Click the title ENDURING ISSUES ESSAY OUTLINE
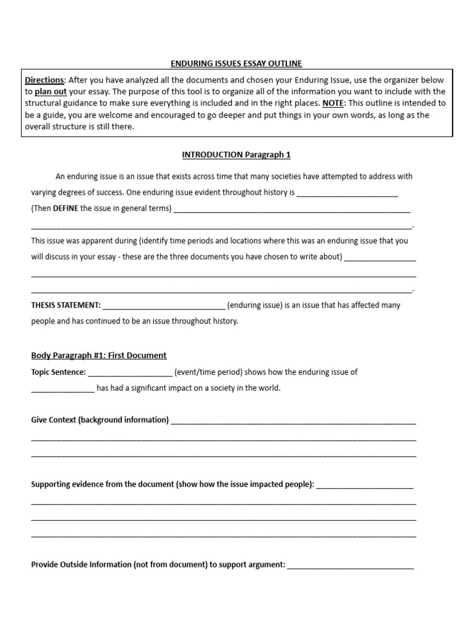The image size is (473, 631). coord(237,63)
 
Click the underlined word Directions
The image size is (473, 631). coord(44,80)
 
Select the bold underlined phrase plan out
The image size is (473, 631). coord(51,92)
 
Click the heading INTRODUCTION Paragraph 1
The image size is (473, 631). coord(237,154)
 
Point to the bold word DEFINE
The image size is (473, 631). coord(66,208)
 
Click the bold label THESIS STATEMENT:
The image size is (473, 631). coord(65,305)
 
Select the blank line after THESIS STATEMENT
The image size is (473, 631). coord(164,306)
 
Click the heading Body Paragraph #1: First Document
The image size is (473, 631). coord(99,356)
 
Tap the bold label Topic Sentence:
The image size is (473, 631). coord(59,372)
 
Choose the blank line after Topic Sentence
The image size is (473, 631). coord(130,373)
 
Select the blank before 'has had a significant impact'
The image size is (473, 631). coord(63,389)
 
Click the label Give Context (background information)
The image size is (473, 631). coord(100,420)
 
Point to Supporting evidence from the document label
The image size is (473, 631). coord(172,484)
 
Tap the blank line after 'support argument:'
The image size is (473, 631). coord(350,565)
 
